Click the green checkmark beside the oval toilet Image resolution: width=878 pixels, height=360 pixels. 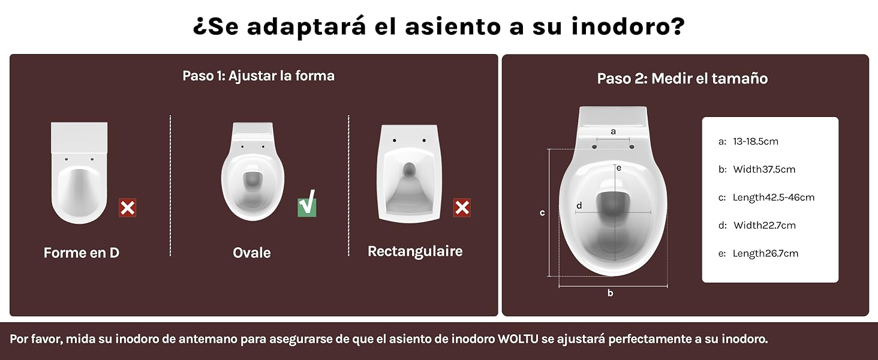tap(307, 203)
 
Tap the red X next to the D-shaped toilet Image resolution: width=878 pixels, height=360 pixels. tap(127, 208)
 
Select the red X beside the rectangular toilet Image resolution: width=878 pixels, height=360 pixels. tap(462, 208)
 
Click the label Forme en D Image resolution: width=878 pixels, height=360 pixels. tap(82, 253)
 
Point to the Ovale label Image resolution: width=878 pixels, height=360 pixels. tap(252, 253)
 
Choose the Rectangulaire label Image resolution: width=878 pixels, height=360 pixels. tap(415, 251)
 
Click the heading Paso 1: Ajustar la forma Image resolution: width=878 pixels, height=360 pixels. tap(258, 76)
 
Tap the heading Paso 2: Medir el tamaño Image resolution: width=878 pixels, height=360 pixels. tap(682, 79)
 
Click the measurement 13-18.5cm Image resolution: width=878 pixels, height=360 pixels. tap(756, 141)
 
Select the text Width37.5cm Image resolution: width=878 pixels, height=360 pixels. tap(764, 169)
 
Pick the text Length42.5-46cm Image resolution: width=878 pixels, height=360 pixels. tap(774, 197)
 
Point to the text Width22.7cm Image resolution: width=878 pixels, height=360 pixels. tap(765, 225)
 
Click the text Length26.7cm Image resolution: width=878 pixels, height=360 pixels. tap(765, 253)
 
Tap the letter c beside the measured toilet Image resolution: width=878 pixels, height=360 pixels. tap(542, 212)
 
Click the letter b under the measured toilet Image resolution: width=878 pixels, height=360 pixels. tap(611, 293)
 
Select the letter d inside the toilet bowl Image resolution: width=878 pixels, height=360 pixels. tap(579, 205)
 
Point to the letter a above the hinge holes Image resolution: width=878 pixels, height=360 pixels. tap(613, 131)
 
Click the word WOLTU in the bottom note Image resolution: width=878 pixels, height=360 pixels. tap(518, 339)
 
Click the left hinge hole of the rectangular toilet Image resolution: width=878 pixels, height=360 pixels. tap(394, 140)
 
